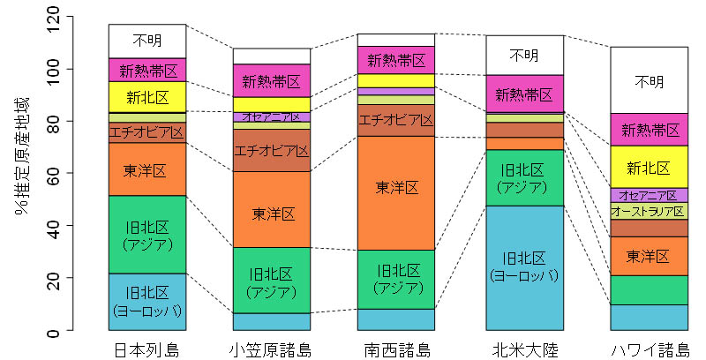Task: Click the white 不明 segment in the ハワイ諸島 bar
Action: click(649, 80)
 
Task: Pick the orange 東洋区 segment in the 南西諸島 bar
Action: click(396, 187)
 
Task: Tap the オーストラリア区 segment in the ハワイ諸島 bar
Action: click(649, 212)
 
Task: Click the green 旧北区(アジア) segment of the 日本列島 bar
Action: click(146, 235)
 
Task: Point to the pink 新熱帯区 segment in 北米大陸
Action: click(524, 94)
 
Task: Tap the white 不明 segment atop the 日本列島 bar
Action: click(146, 41)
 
